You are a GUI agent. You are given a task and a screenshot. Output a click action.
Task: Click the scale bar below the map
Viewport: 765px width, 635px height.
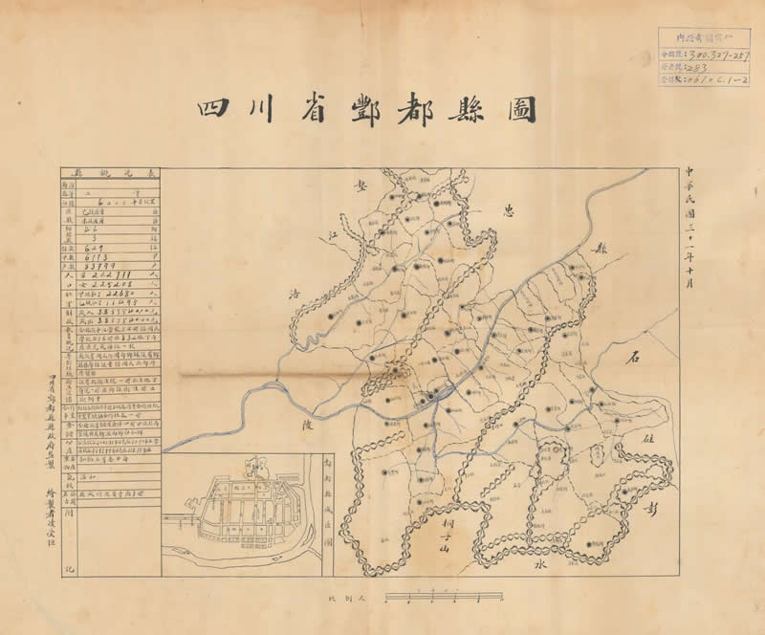pyautogui.click(x=444, y=598)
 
